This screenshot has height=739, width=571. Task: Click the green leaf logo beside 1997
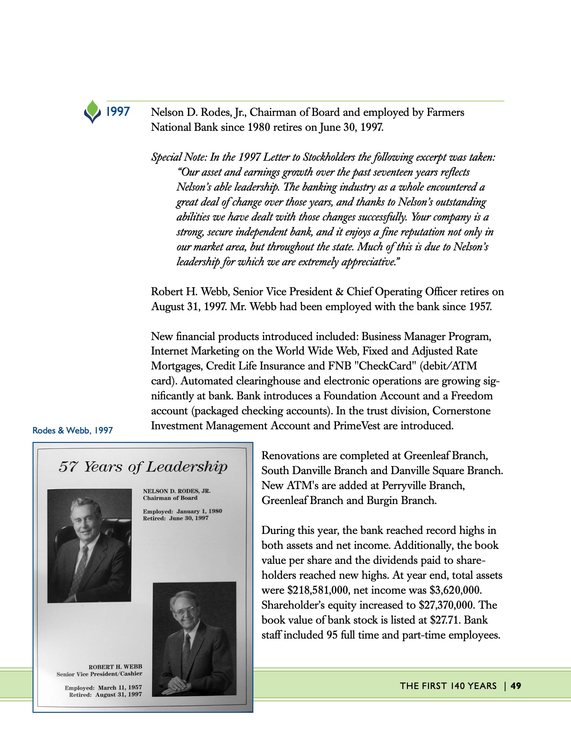pos(93,111)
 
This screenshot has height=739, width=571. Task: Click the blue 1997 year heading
pos(117,112)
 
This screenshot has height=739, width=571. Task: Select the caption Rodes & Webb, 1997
pos(72,430)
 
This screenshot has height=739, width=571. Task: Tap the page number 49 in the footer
pos(516,686)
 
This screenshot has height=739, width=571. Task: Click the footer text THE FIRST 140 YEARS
pos(448,686)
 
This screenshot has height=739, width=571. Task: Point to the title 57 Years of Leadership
pos(143,467)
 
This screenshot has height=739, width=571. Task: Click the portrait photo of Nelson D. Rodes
pos(89,545)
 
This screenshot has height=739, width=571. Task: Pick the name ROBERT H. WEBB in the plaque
pos(115,667)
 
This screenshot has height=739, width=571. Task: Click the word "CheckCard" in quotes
pos(377,366)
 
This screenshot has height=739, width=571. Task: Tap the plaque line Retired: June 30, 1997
pos(176,518)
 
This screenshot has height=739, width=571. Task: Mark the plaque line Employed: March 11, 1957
pos(103,688)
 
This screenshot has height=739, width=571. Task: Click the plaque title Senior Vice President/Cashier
pos(100,674)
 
